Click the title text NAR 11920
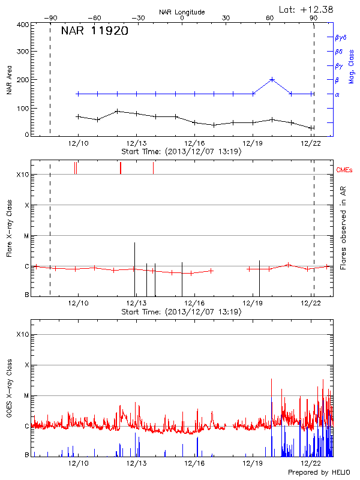click(94, 32)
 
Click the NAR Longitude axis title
click(182, 11)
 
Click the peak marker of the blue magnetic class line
click(272, 79)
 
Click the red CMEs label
click(344, 170)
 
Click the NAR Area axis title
click(9, 80)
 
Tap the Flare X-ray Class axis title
click(9, 227)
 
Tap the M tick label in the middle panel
click(26, 236)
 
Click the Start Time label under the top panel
click(181, 151)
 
